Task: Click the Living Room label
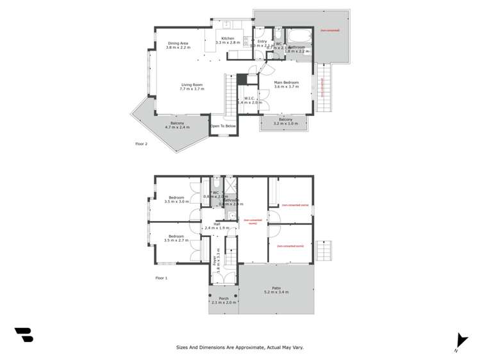(192, 86)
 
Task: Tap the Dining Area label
(178, 45)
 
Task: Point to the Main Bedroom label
(286, 84)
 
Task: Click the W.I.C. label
(249, 100)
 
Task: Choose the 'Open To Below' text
(223, 126)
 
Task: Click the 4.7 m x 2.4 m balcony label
(177, 125)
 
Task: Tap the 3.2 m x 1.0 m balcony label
(286, 121)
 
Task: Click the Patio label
(276, 290)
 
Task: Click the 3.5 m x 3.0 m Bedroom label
(176, 199)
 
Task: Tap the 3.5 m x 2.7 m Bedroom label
(176, 238)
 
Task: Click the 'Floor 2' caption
(141, 144)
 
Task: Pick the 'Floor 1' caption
(161, 278)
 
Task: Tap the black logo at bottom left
(24, 334)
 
